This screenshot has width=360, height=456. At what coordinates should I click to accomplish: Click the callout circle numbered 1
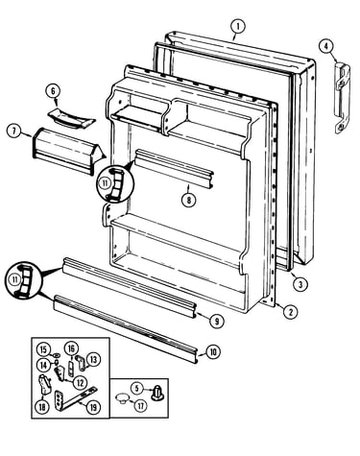(x=238, y=27)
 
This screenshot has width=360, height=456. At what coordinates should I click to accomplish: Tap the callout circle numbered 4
(x=325, y=46)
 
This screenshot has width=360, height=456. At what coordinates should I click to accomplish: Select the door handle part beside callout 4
(x=342, y=99)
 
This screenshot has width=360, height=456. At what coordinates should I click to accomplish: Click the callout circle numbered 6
(x=53, y=90)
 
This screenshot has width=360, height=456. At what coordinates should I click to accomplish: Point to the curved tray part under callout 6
(x=71, y=118)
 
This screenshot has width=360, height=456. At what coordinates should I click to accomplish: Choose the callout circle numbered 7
(x=13, y=131)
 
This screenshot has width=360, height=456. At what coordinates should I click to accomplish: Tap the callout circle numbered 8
(x=188, y=200)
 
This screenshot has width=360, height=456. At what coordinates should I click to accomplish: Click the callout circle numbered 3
(x=300, y=283)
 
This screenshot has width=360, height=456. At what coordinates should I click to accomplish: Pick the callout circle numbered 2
(x=290, y=312)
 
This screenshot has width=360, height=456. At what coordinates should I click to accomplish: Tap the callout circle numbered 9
(x=217, y=321)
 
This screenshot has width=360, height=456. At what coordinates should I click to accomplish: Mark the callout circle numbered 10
(x=212, y=352)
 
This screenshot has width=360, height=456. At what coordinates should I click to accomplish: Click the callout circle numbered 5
(x=136, y=388)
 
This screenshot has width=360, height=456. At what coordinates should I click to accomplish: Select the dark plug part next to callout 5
(x=157, y=392)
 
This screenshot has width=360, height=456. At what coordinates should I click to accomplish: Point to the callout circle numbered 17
(x=140, y=405)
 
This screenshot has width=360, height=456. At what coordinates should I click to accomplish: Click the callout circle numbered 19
(x=93, y=407)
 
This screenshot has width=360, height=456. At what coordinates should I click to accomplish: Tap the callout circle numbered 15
(x=43, y=349)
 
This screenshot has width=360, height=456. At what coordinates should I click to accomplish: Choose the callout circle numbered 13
(x=93, y=359)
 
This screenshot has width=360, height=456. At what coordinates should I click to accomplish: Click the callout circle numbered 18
(x=42, y=407)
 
